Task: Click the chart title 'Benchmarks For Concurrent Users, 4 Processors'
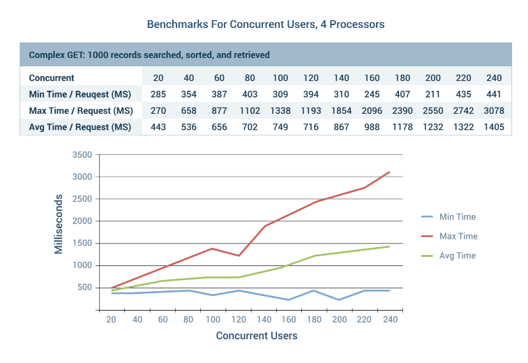pyautogui.click(x=266, y=24)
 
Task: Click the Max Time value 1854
pyautogui.click(x=342, y=110)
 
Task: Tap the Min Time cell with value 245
pyautogui.click(x=372, y=94)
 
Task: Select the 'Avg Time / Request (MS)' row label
pyautogui.click(x=80, y=127)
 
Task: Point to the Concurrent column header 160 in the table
pyautogui.click(x=372, y=78)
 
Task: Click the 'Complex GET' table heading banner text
pyautogui.click(x=149, y=54)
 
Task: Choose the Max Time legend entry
pyautogui.click(x=458, y=236)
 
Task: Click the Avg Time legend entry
pyautogui.click(x=458, y=255)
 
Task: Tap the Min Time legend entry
pyautogui.click(x=458, y=216)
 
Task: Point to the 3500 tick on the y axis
pyautogui.click(x=82, y=155)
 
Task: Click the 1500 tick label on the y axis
pyautogui.click(x=82, y=244)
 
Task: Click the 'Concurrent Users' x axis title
pyautogui.click(x=257, y=336)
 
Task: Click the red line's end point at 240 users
pyautogui.click(x=389, y=172)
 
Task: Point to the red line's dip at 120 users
pyautogui.click(x=239, y=255)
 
